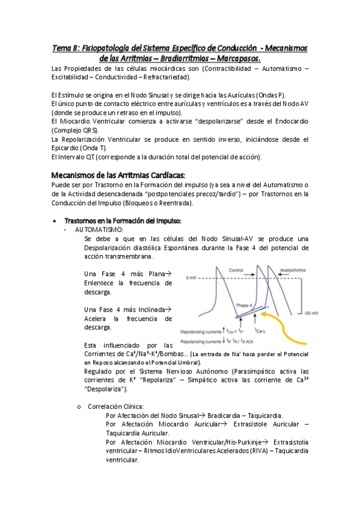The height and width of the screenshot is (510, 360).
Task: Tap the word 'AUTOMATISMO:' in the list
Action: pyautogui.click(x=99, y=230)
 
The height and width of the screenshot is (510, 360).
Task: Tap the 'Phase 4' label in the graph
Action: pyautogui.click(x=245, y=304)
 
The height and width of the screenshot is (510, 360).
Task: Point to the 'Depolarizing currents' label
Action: pyautogui.click(x=201, y=331)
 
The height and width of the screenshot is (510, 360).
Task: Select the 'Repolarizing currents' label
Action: pyautogui.click(x=201, y=340)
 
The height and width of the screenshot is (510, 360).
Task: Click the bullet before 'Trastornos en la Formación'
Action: pyautogui.click(x=56, y=221)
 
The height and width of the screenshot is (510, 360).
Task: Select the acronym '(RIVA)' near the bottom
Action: pyautogui.click(x=260, y=450)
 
